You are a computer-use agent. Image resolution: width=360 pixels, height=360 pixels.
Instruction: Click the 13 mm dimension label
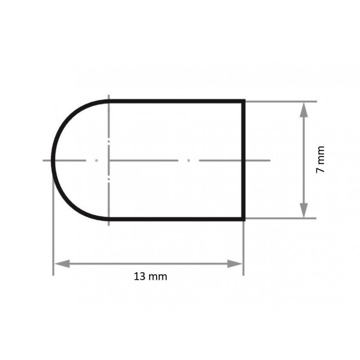click(150, 277)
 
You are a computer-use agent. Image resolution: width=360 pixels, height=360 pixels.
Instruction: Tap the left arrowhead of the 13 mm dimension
click(60, 264)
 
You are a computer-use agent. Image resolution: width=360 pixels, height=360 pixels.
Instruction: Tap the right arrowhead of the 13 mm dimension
click(236, 264)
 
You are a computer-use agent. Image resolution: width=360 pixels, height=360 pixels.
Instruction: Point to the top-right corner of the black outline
click(244, 101)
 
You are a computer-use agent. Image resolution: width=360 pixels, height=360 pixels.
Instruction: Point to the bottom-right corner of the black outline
click(244, 219)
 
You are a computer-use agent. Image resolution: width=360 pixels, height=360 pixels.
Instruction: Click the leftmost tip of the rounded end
click(53, 160)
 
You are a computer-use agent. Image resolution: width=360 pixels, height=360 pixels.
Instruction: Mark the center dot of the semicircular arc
click(96, 160)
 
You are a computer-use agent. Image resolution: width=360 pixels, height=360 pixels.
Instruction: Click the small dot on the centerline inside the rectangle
click(189, 160)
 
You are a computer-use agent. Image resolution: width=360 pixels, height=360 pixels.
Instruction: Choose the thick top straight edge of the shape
click(175, 101)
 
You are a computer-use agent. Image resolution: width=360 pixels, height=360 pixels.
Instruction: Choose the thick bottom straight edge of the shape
click(175, 219)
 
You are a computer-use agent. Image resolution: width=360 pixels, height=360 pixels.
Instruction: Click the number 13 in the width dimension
click(139, 277)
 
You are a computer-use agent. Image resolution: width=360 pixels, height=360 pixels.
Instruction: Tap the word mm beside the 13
click(157, 277)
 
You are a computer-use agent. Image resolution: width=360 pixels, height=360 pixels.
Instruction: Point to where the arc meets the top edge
click(109, 101)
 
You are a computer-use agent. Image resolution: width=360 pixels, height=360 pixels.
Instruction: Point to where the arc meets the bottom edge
click(109, 219)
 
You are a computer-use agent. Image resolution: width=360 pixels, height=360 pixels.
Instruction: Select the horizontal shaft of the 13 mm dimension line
click(148, 264)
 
